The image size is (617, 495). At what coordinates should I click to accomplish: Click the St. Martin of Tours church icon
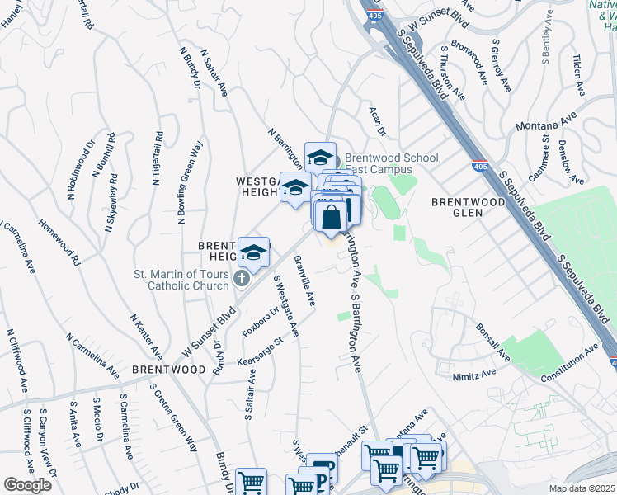click(x=241, y=278)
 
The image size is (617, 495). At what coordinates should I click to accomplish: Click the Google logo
click(x=27, y=485)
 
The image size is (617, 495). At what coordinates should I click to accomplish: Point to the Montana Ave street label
click(x=544, y=124)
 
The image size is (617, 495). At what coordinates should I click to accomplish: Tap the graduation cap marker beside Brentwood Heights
click(x=254, y=253)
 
